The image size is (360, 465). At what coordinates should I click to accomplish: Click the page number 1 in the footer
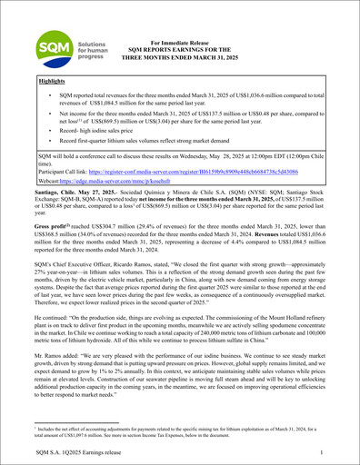click(x=325, y=452)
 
